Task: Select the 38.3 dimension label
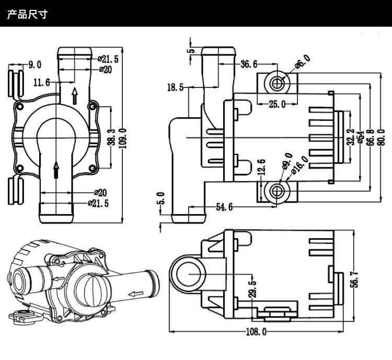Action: click(x=111, y=138)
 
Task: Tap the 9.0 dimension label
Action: click(x=34, y=65)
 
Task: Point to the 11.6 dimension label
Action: click(x=41, y=82)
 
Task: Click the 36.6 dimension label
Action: click(x=249, y=64)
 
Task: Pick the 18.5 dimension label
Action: click(x=175, y=87)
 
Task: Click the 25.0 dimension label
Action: click(x=277, y=104)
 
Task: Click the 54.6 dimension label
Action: click(x=224, y=207)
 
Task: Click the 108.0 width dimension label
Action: click(x=256, y=332)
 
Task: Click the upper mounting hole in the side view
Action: click(x=278, y=82)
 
